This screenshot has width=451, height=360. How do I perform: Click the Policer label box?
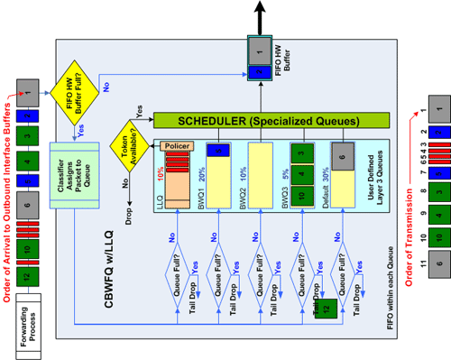[x=177, y=144]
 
